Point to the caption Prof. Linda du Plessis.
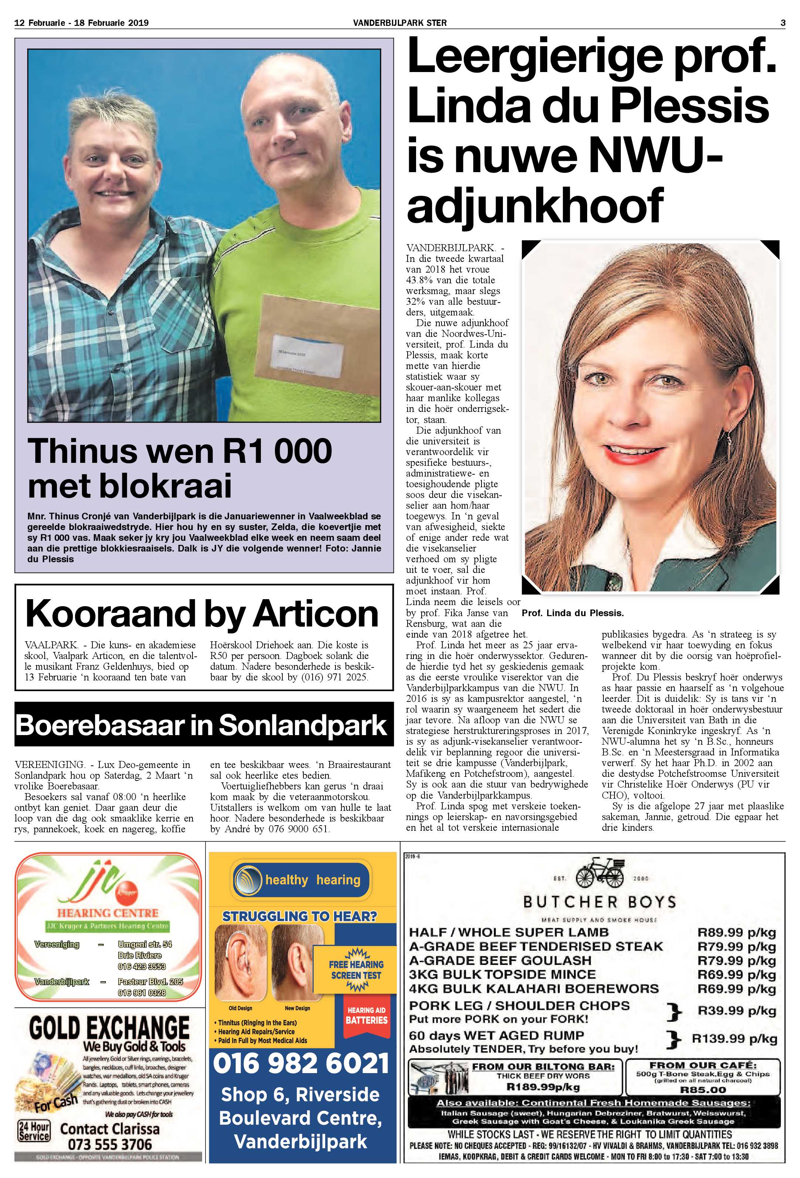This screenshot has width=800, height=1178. (572, 613)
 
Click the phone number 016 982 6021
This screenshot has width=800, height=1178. (301, 1063)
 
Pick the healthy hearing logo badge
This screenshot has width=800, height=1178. (301, 881)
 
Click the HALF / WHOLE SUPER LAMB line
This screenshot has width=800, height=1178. (508, 932)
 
